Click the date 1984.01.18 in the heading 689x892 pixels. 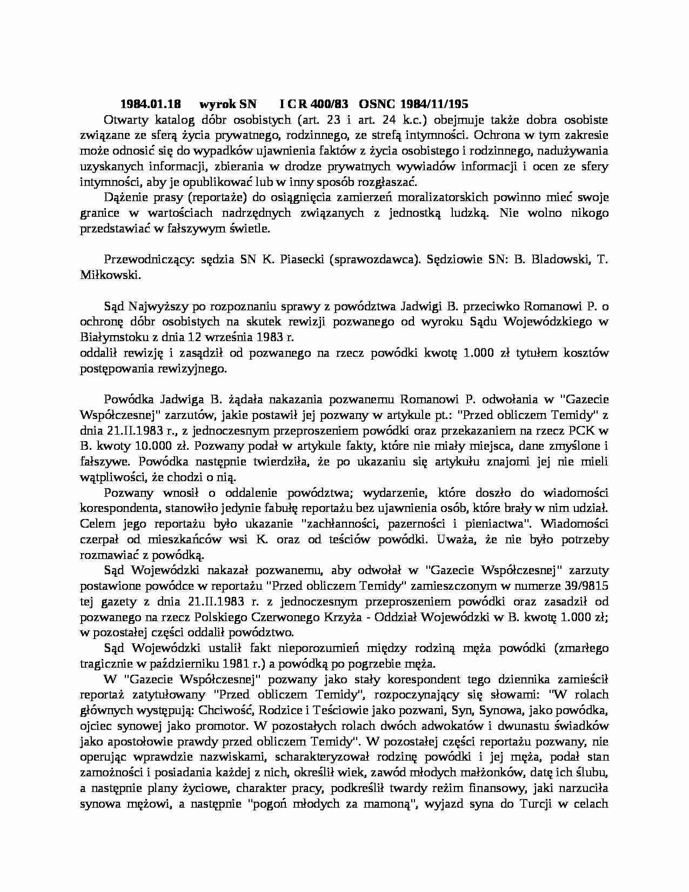pyautogui.click(x=151, y=104)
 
